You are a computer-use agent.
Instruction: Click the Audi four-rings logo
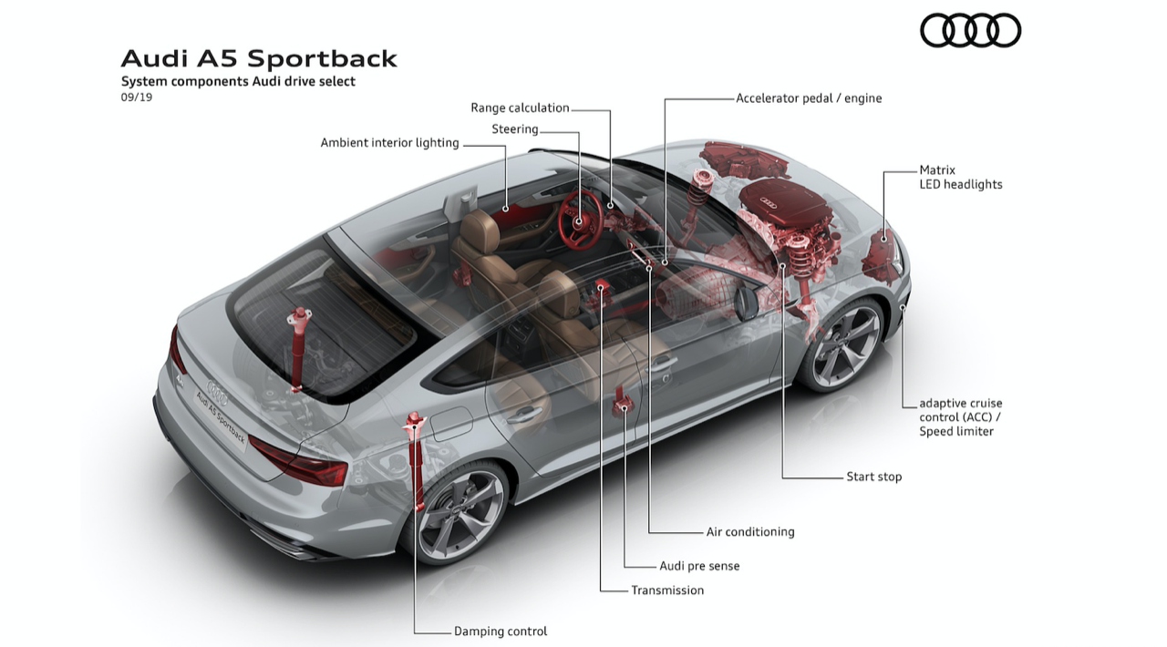970,30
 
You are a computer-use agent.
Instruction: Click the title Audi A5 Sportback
259,58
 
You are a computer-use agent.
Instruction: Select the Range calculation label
520,108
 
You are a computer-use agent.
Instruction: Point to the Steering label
515,129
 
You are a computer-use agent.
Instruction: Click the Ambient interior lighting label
389,143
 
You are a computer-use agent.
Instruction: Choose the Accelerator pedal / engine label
809,98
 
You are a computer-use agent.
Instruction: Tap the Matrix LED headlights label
960,177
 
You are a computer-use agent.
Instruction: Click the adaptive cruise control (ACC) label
960,416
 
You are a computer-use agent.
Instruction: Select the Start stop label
873,477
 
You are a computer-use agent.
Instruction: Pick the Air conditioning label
749,531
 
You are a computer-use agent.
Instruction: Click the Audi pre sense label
699,566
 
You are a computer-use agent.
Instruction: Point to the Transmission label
667,591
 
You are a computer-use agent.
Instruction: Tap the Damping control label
501,631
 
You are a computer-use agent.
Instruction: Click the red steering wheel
579,220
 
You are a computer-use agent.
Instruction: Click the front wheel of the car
845,344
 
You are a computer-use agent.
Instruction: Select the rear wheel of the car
459,512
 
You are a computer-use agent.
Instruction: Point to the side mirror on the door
747,303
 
